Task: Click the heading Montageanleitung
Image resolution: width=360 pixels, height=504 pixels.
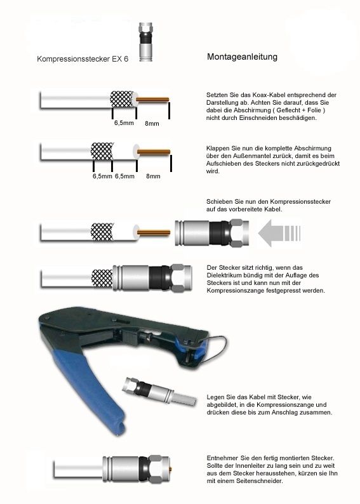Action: (x=242, y=57)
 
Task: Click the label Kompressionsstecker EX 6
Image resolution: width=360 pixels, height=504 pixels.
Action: (x=83, y=59)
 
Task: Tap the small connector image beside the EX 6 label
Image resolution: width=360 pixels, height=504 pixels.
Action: (x=146, y=41)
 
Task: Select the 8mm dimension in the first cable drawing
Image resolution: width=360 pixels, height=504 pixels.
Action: (x=152, y=123)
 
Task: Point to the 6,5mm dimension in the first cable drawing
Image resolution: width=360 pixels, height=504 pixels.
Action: (x=124, y=123)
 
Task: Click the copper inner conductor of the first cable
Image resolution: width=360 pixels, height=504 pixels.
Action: (x=152, y=99)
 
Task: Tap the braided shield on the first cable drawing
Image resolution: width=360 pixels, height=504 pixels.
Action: (x=121, y=98)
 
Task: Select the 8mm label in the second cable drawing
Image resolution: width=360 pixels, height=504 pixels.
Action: (x=153, y=176)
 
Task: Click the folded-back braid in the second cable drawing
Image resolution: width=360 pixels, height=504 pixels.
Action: (x=102, y=151)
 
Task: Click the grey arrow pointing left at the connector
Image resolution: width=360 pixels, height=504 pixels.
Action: (x=279, y=233)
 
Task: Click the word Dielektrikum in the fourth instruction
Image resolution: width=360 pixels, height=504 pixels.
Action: (x=223, y=275)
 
